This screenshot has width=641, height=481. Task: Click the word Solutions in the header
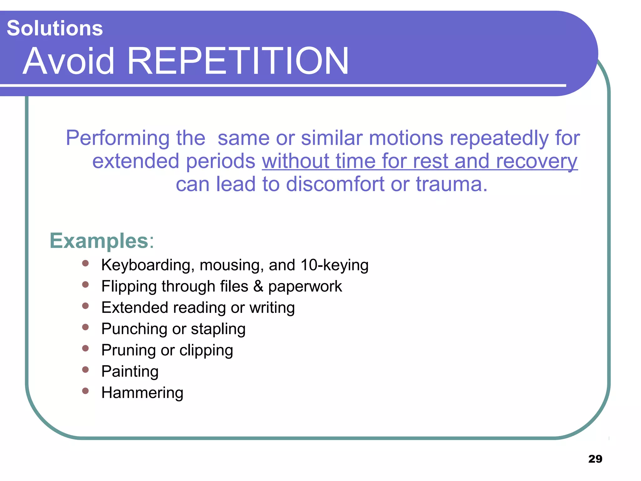[x=55, y=28]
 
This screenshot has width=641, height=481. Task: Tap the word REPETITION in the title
[x=238, y=61]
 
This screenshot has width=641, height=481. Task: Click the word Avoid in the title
[x=69, y=61]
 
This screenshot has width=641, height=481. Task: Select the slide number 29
[x=595, y=459]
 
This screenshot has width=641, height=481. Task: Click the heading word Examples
[x=99, y=241]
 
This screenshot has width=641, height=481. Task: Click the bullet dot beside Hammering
[x=85, y=391]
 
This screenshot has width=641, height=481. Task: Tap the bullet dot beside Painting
[x=85, y=370]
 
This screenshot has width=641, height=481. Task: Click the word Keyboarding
[x=146, y=265]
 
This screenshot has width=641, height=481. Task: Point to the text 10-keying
[x=334, y=265]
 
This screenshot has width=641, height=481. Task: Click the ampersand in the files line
[x=258, y=286]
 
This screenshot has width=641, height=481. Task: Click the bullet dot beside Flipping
[x=85, y=284]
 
